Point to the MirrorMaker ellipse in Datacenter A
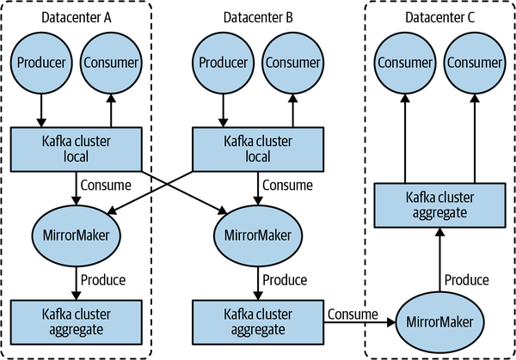click(75, 233)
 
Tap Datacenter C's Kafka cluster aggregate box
click(438, 202)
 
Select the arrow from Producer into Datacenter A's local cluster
click(39, 107)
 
